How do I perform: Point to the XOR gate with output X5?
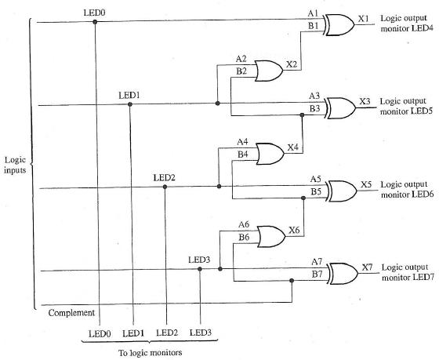pos(339,189)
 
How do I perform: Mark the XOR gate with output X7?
pos(339,273)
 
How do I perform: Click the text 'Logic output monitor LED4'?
pos(405,23)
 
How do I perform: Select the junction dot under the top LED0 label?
pos(95,22)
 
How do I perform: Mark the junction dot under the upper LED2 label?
pos(165,187)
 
